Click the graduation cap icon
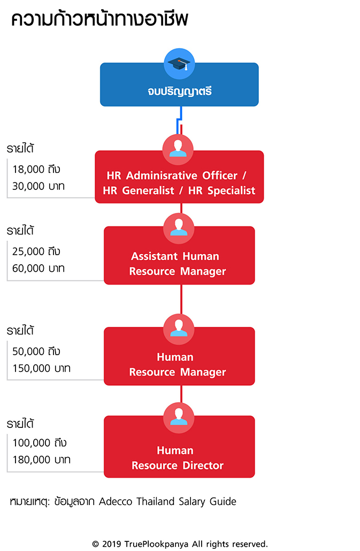(x=179, y=64)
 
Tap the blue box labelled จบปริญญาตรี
(x=179, y=85)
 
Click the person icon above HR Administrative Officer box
(x=178, y=149)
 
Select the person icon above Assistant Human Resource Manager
(x=179, y=228)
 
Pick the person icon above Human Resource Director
(x=179, y=418)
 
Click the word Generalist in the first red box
(x=148, y=190)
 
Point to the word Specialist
(x=231, y=190)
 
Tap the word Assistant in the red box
(x=155, y=256)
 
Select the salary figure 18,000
(x=28, y=170)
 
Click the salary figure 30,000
(x=28, y=186)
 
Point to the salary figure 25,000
(x=28, y=251)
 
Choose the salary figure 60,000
(x=28, y=269)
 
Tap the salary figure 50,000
(x=28, y=351)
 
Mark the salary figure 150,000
(x=31, y=368)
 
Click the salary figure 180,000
(x=31, y=460)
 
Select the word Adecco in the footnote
(x=116, y=501)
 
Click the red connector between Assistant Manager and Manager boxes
(x=181, y=300)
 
